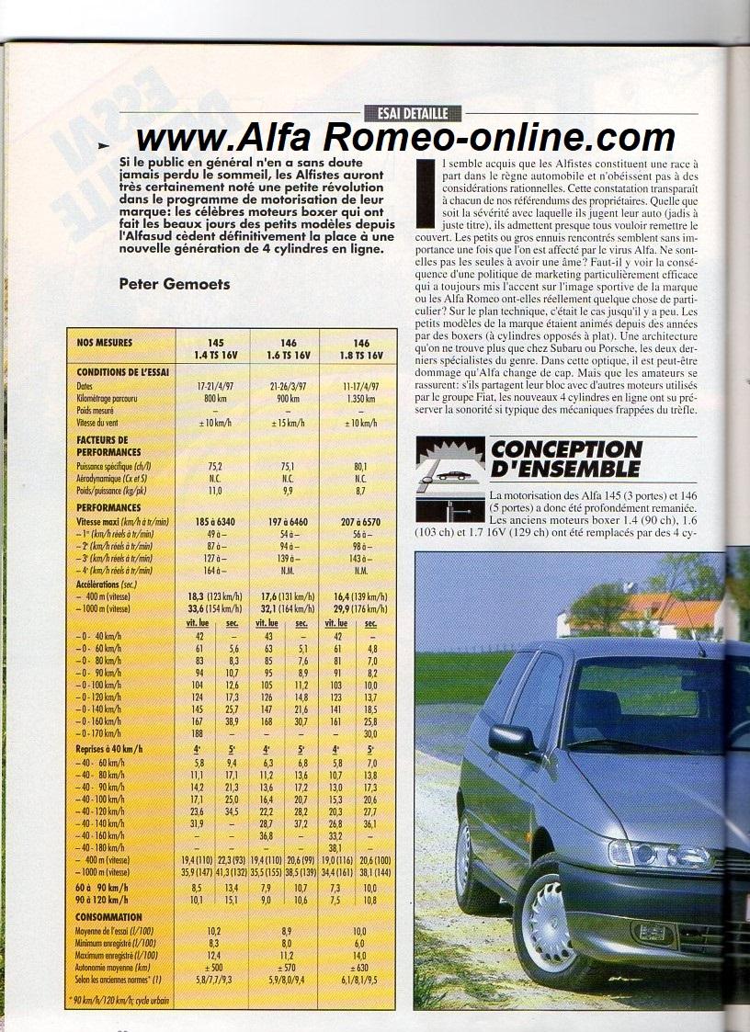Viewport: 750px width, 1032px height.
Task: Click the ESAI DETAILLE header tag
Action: tap(412, 113)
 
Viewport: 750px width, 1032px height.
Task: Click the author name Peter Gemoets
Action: tap(175, 284)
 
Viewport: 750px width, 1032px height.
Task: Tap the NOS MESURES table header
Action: tap(105, 343)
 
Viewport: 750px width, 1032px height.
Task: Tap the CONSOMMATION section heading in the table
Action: tap(109, 916)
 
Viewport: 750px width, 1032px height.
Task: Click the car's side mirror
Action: tap(511, 739)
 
